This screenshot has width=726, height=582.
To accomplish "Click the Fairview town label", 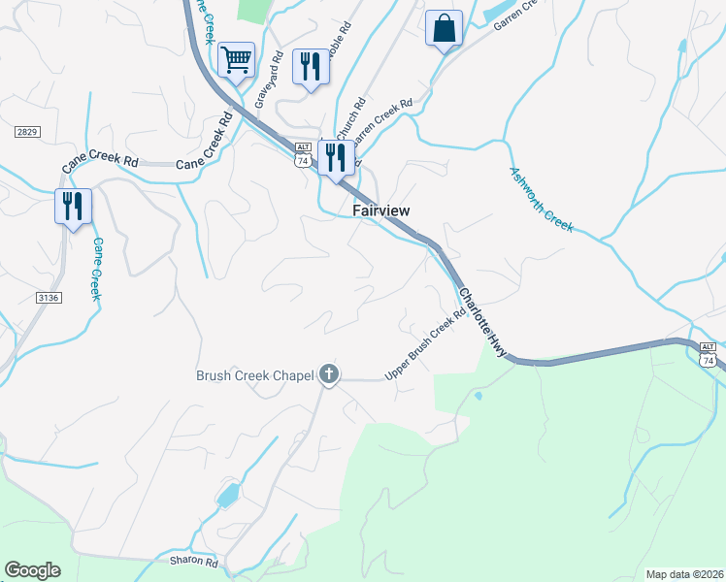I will [380, 210].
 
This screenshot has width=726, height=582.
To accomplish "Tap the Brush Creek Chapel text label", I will [256, 374].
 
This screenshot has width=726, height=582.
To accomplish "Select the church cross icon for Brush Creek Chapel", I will [329, 373].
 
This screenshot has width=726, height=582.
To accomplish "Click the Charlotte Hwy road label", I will [482, 323].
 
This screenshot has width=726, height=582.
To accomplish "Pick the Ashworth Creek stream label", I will [542, 200].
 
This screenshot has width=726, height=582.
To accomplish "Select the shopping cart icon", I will [236, 60].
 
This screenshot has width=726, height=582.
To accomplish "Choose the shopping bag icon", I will [444, 28].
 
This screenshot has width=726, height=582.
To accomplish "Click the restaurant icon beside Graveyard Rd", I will [310, 66].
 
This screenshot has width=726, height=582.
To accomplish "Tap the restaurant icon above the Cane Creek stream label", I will [73, 207].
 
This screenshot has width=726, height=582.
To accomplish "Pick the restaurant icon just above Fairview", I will [335, 157].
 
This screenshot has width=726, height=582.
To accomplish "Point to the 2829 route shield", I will [27, 131].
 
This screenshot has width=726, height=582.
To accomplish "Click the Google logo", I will [32, 570].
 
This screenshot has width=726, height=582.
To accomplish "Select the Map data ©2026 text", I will [684, 574].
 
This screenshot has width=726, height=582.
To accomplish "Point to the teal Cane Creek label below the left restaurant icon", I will [96, 269].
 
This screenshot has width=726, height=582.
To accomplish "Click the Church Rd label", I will [347, 118].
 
